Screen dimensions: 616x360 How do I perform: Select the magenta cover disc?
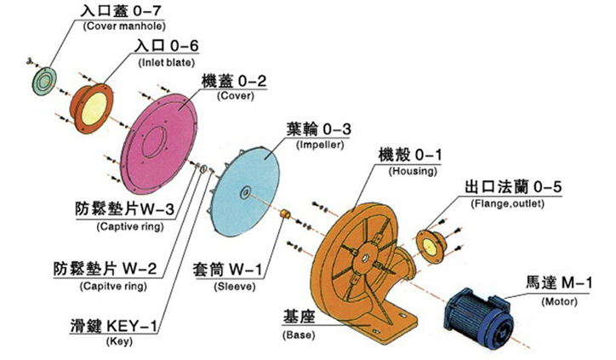(159, 144)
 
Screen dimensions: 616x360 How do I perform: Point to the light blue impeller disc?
(245, 191)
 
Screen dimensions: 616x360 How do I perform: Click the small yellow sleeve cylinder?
(284, 214)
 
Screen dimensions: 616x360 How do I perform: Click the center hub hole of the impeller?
(245, 192)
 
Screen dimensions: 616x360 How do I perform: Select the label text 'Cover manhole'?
(124, 26)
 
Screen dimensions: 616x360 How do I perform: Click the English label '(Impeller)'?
(320, 145)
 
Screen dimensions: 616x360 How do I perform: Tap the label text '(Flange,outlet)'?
(507, 203)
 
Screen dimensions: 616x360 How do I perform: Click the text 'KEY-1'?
(132, 326)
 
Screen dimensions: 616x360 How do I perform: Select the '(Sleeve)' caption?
(235, 287)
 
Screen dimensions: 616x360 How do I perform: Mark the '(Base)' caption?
(299, 335)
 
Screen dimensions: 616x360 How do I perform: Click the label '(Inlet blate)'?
(166, 62)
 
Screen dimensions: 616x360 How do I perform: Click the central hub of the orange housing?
(365, 259)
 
